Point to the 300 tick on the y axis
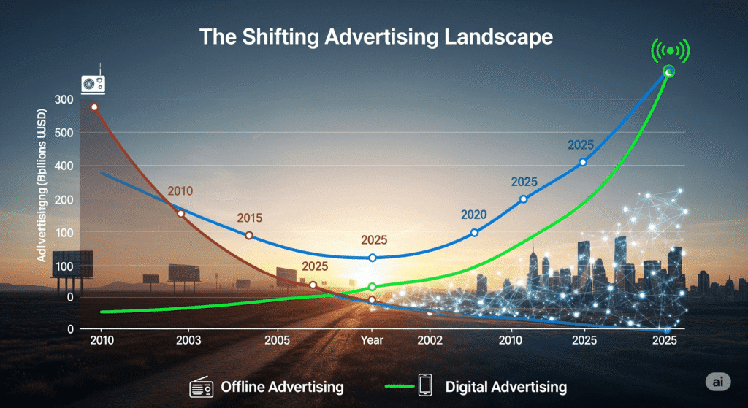(64, 99)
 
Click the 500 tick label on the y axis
(64, 133)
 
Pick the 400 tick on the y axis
(64, 166)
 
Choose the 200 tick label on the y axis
(64, 200)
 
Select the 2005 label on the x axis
(278, 341)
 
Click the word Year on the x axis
(373, 341)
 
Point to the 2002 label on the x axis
(429, 341)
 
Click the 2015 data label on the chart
(249, 218)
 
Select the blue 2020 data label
(473, 215)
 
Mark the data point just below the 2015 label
(249, 236)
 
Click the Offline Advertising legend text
(282, 386)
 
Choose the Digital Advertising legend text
(505, 386)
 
